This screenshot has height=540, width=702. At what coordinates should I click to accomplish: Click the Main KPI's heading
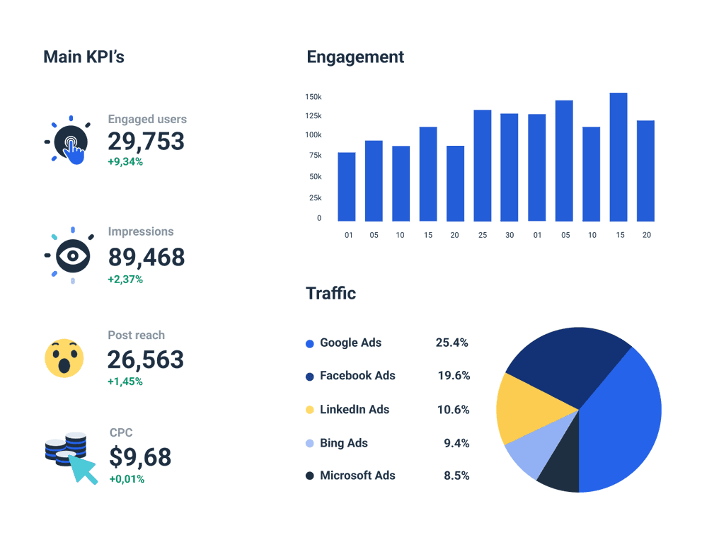(84, 57)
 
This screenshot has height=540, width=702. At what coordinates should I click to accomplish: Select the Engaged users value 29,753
(146, 141)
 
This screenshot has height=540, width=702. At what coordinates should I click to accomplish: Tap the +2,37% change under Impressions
(125, 280)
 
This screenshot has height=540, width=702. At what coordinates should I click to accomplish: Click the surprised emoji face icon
(64, 358)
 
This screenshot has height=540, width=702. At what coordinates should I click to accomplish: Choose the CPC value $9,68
(140, 456)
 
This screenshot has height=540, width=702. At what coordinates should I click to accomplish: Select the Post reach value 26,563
(146, 360)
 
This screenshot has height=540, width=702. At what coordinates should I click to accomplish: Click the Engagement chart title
(355, 57)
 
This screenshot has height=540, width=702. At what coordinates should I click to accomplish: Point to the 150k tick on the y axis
(313, 96)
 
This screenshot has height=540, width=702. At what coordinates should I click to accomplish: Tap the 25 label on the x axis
(482, 235)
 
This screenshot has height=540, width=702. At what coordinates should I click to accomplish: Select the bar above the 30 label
(510, 167)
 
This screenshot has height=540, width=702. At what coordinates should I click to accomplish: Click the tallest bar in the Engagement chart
(618, 157)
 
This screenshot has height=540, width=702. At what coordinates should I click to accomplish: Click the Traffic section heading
(330, 293)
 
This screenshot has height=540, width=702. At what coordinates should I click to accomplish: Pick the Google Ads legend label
(350, 343)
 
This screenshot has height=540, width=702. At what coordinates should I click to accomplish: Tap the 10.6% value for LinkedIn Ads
(453, 410)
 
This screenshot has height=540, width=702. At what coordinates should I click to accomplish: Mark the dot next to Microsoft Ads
(310, 476)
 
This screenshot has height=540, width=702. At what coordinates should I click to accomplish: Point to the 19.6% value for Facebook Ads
(454, 376)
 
